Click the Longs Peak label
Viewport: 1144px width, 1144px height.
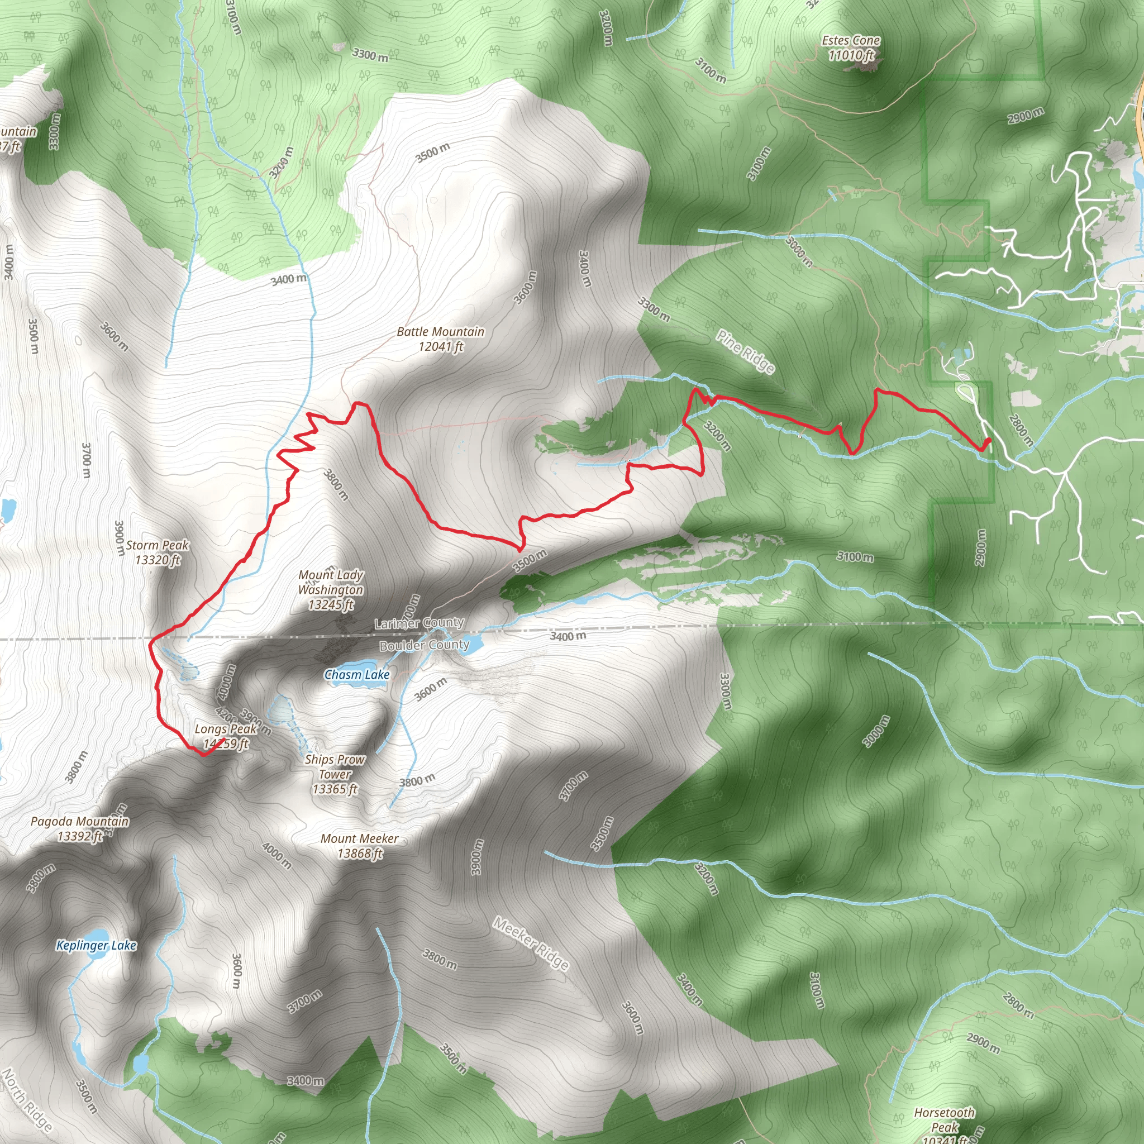(226, 737)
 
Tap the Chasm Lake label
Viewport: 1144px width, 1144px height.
(356, 674)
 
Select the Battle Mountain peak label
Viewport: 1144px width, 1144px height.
(440, 339)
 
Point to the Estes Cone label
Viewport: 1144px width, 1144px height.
(851, 48)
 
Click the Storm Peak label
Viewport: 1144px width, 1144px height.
(157, 552)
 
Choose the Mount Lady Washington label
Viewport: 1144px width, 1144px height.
(331, 589)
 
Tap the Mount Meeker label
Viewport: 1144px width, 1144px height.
(359, 846)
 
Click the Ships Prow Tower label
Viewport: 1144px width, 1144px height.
(335, 774)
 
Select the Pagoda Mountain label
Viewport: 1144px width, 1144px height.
(79, 828)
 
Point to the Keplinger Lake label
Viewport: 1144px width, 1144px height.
(96, 945)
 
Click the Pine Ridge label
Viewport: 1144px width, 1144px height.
(746, 352)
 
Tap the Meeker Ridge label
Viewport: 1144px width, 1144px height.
(531, 943)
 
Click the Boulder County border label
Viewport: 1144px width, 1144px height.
(424, 645)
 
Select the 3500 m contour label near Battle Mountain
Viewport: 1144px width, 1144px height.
(432, 152)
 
